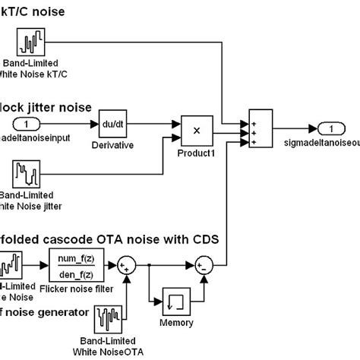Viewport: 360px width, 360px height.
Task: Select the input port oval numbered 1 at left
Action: (x=27, y=125)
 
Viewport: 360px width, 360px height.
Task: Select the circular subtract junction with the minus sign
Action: (x=204, y=266)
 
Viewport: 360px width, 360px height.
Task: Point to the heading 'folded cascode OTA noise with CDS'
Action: (x=110, y=239)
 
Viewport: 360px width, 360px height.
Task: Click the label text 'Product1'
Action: (x=196, y=153)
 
